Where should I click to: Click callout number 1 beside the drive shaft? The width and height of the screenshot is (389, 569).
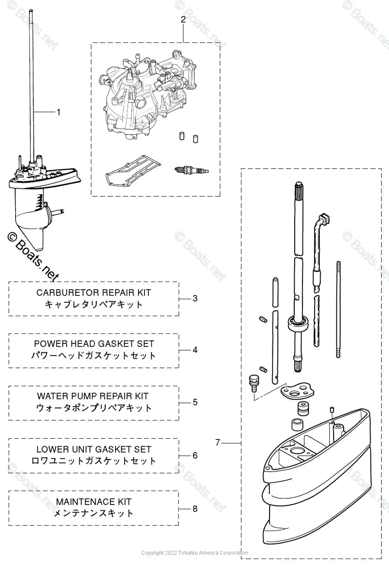58,112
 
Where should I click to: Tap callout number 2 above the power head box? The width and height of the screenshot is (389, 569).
183,19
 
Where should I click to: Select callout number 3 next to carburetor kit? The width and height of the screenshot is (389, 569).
195,298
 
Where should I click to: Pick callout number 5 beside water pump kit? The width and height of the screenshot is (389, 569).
195,402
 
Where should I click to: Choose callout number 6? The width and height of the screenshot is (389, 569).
195,455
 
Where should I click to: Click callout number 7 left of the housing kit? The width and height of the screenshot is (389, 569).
217,442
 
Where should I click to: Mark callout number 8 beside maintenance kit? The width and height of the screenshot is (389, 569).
195,508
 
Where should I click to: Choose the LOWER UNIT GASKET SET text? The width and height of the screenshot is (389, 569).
94,449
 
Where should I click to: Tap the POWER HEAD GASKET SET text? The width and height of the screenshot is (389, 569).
94,344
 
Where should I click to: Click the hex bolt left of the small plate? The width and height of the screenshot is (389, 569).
253,382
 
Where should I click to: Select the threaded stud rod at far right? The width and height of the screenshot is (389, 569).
338,313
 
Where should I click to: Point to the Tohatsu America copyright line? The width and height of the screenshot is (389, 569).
194,553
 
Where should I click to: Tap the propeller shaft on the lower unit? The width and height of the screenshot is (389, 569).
57,211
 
